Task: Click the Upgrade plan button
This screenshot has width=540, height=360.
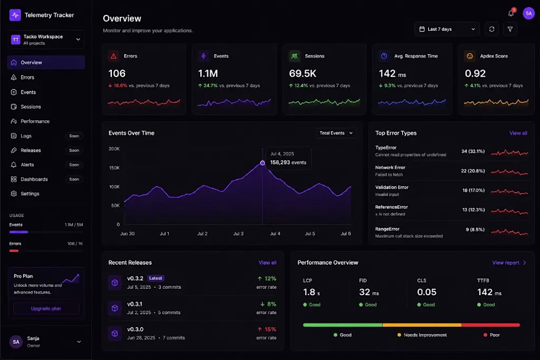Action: [46, 308]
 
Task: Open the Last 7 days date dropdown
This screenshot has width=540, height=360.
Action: [447, 29]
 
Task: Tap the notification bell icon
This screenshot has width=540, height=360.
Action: [511, 13]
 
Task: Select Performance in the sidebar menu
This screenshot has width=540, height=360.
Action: [35, 121]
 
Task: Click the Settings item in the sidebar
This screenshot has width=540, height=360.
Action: [29, 194]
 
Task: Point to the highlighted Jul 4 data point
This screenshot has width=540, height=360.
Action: [263, 163]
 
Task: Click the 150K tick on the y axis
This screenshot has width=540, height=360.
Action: [114, 168]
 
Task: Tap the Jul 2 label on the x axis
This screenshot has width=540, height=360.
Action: [202, 234]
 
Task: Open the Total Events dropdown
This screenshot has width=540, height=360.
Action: [336, 133]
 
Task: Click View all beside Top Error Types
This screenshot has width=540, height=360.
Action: [518, 133]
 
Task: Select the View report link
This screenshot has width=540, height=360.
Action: [509, 262]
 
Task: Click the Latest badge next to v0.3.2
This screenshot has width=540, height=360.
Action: [156, 278]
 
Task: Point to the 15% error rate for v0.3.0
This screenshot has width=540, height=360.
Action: [267, 330]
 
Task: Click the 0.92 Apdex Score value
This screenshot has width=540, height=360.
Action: [475, 73]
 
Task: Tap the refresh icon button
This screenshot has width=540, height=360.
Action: [492, 29]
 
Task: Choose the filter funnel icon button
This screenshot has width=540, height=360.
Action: [510, 29]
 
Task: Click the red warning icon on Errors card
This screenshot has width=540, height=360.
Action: [113, 56]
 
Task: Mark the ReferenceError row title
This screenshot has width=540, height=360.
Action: [391, 207]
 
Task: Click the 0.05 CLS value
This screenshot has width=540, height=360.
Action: [427, 292]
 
